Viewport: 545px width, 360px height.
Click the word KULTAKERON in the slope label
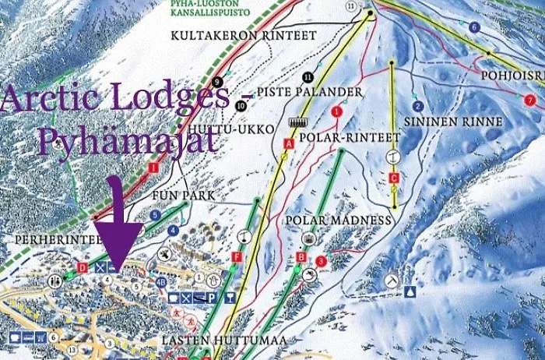click(x=201, y=36)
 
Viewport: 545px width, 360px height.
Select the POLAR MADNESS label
click(x=337, y=221)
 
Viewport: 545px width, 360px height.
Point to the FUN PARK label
click(x=174, y=194)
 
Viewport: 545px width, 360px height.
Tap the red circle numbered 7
click(x=530, y=100)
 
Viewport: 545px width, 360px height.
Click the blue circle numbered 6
click(x=474, y=27)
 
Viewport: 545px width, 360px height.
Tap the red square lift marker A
click(x=288, y=144)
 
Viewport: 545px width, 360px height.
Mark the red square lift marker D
click(x=83, y=267)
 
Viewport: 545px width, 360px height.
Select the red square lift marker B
click(x=301, y=257)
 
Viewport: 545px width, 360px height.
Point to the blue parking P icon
click(x=210, y=298)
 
